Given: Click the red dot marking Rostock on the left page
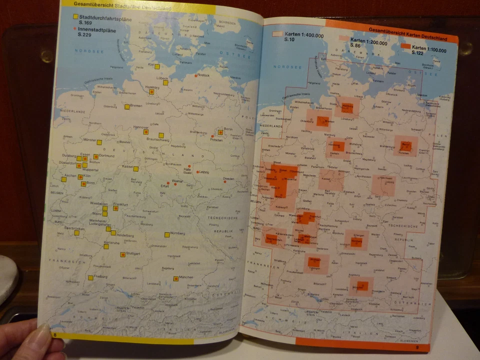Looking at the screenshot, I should tap(195, 75).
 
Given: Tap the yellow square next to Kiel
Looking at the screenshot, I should tap(157, 66).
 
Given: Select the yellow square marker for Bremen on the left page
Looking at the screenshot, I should tap(127, 106).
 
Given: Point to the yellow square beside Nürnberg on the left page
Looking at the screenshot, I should tap(167, 234).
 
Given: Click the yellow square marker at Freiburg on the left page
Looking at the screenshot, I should tap(90, 277).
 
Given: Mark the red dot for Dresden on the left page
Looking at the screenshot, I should tap(224, 181).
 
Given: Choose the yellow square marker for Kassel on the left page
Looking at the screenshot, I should tap(135, 168).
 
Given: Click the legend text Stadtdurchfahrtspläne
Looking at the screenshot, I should tap(102, 17).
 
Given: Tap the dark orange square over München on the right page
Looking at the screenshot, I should tap(363, 286).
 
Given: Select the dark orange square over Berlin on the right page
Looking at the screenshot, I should tap(405, 146).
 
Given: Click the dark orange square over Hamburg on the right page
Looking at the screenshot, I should tap(347, 105).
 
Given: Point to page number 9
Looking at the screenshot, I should tap(416, 347).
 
